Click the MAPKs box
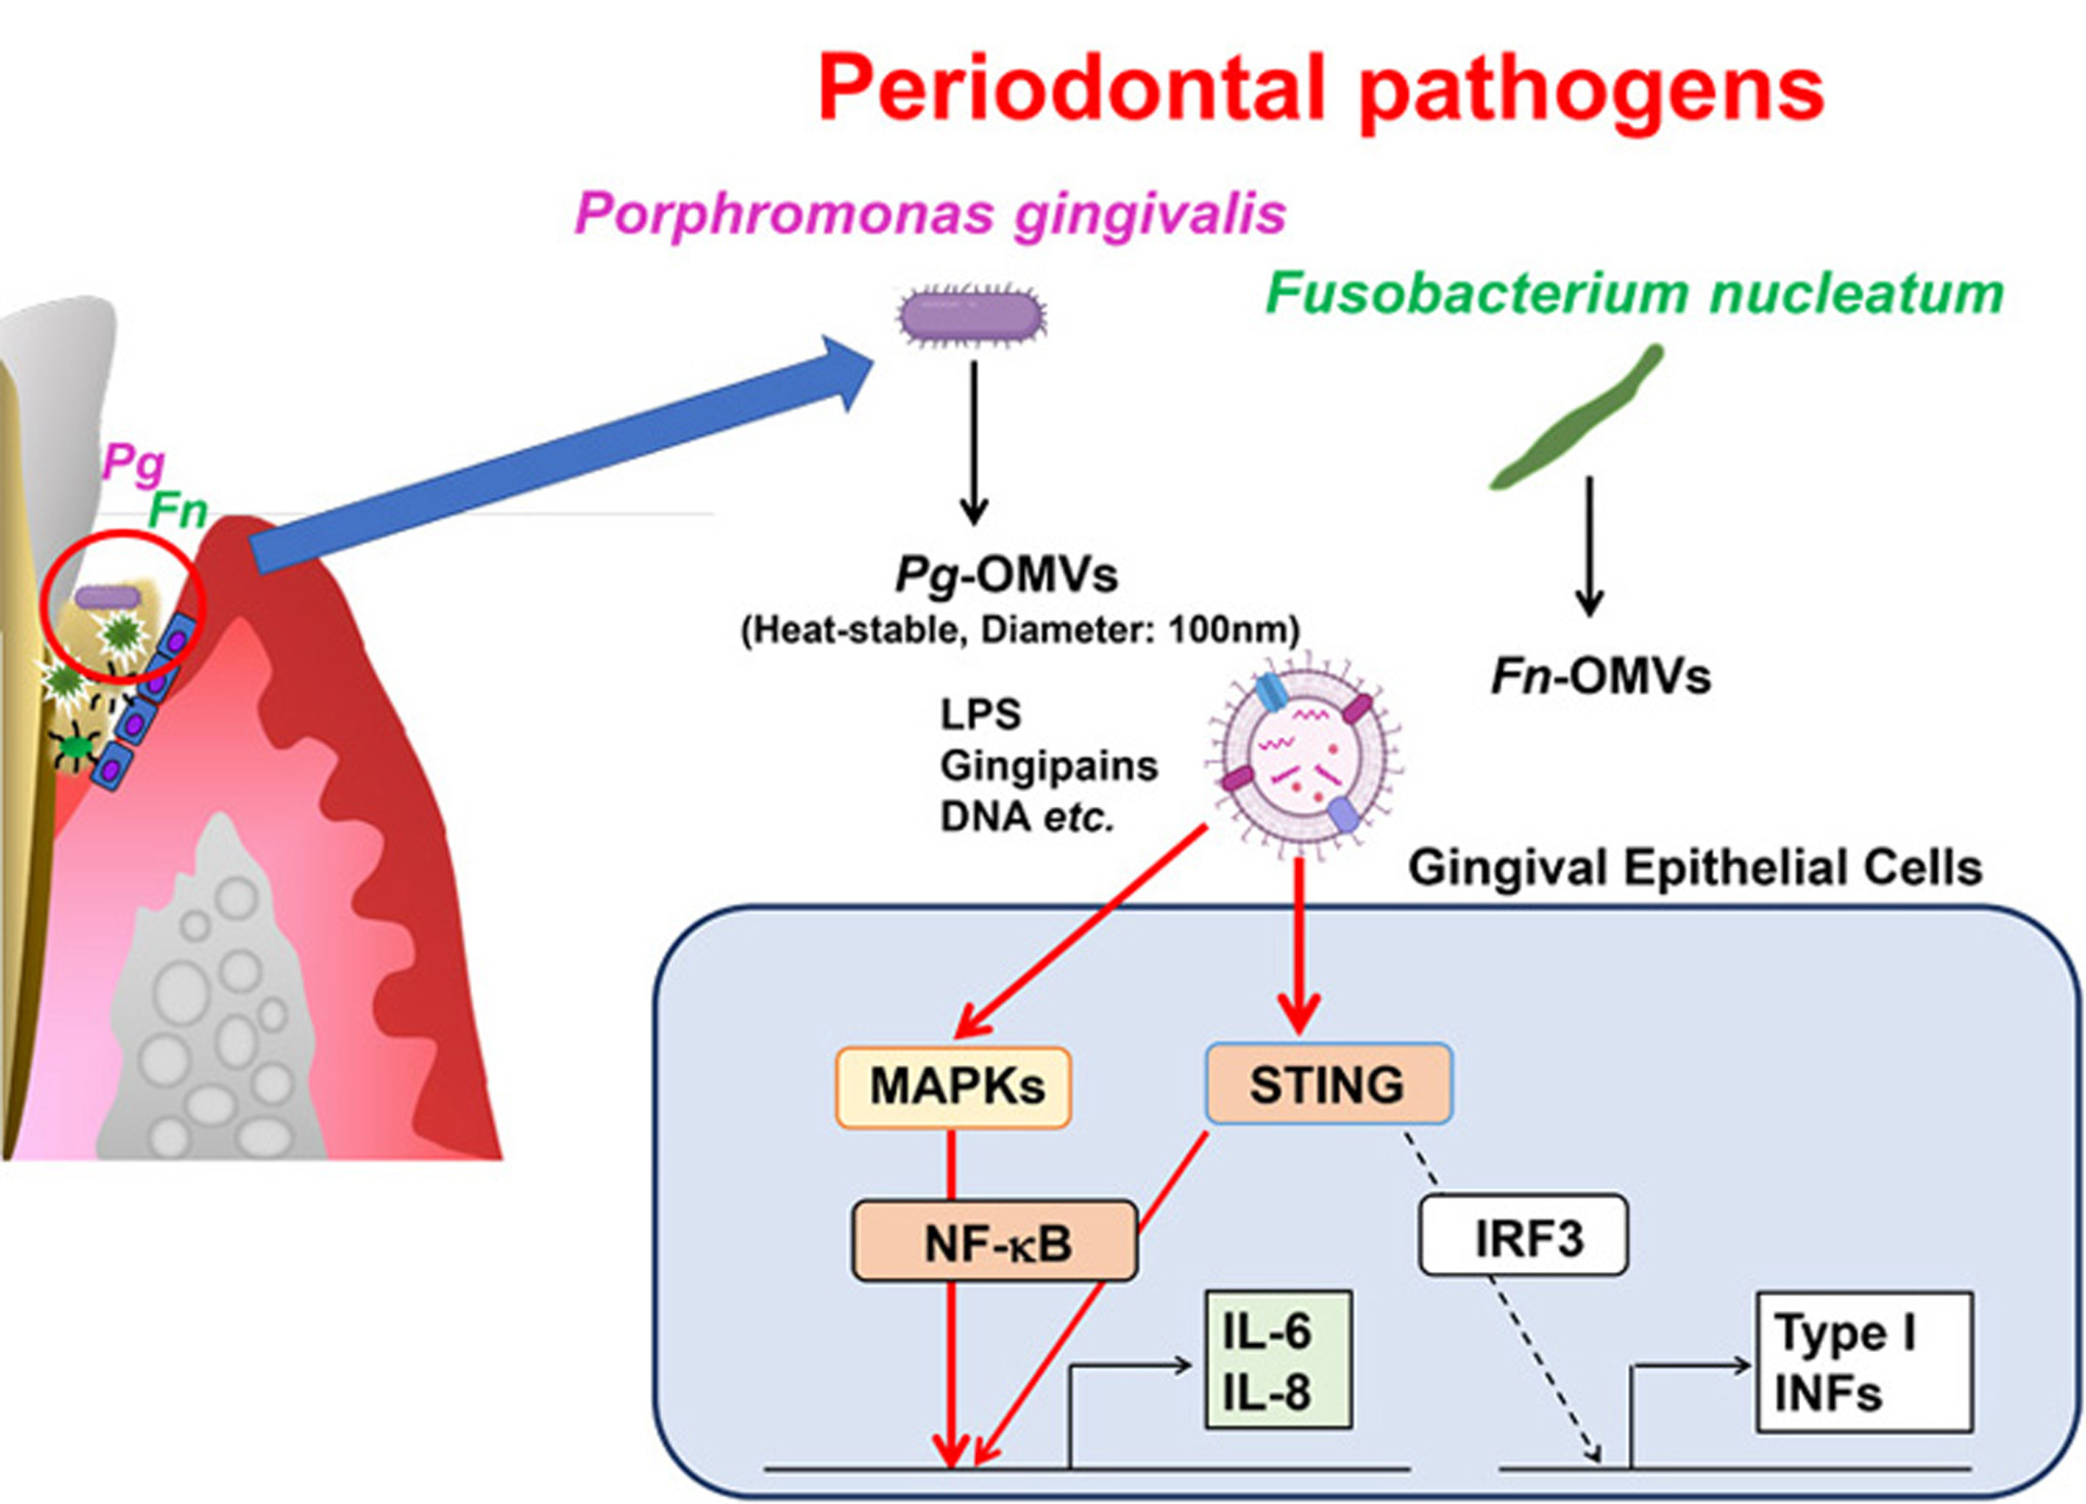953,1087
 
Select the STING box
1327,1083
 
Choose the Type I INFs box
1863,1362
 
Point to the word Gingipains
1048,765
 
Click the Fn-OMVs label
1600,676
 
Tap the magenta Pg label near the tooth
133,462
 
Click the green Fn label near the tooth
177,509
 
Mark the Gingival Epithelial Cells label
1694,868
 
